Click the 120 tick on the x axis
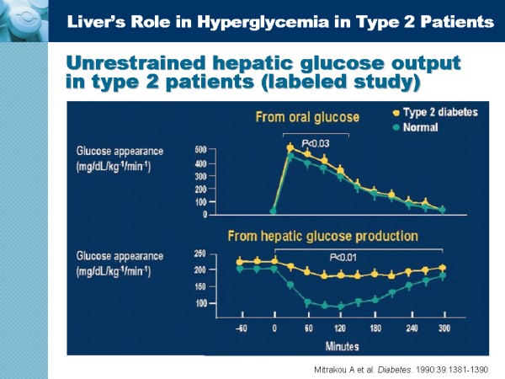coord(340,329)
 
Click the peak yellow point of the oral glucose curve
coord(290,147)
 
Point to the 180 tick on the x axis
coord(375,329)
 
